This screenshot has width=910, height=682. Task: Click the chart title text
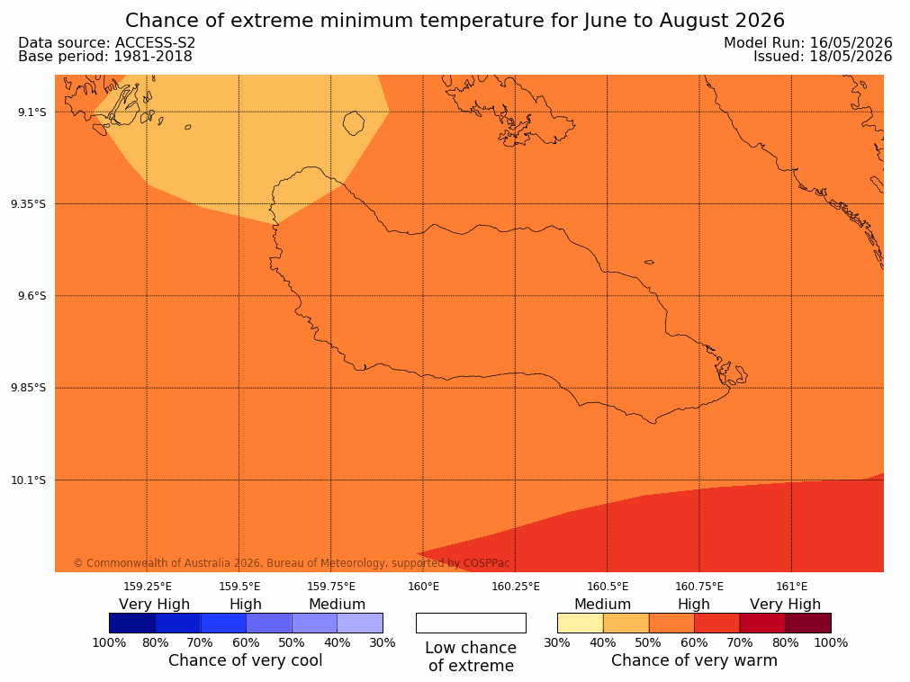(x=455, y=21)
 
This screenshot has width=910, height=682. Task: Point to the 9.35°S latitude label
(x=29, y=204)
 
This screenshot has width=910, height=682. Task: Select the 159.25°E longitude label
(x=148, y=587)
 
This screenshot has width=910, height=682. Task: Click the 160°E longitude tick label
(x=423, y=587)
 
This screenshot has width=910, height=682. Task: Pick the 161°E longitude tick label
(x=791, y=587)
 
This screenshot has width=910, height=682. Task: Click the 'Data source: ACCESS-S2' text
(x=107, y=43)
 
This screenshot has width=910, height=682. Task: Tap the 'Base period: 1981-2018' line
(x=105, y=57)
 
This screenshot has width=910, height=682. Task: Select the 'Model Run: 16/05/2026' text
(x=808, y=43)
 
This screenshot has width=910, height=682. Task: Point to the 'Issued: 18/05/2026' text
(x=823, y=57)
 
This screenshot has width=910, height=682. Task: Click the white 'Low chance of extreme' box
(x=472, y=623)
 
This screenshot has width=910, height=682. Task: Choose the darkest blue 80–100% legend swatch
(x=132, y=623)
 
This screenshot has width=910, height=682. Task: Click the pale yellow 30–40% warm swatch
(x=581, y=623)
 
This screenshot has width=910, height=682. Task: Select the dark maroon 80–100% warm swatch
(x=808, y=623)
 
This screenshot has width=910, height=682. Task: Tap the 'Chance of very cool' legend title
(x=245, y=660)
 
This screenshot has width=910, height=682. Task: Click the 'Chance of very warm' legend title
(x=694, y=660)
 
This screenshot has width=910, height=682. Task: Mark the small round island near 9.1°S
(x=354, y=123)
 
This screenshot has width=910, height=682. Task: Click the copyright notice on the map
(x=292, y=563)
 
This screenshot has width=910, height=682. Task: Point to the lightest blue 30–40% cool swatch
(x=360, y=623)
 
